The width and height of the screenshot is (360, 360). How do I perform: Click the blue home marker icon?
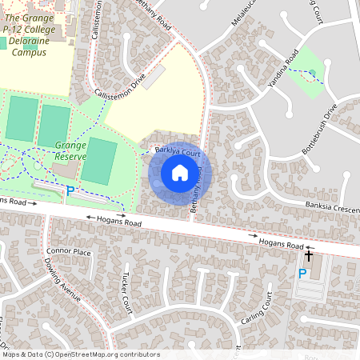pyautogui.click(x=180, y=173)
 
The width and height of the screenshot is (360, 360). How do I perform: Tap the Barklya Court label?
pyautogui.click(x=177, y=151)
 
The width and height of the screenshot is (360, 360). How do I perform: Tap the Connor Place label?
pyautogui.click(x=70, y=252)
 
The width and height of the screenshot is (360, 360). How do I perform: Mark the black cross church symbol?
pyautogui.click(x=309, y=255)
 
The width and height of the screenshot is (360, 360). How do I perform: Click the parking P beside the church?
pyautogui.click(x=302, y=274)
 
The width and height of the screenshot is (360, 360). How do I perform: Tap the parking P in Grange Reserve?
pyautogui.click(x=70, y=191)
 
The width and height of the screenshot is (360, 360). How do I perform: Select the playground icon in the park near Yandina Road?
pyautogui.click(x=312, y=74)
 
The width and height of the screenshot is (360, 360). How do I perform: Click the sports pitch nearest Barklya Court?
pyautogui.click(x=98, y=160)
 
